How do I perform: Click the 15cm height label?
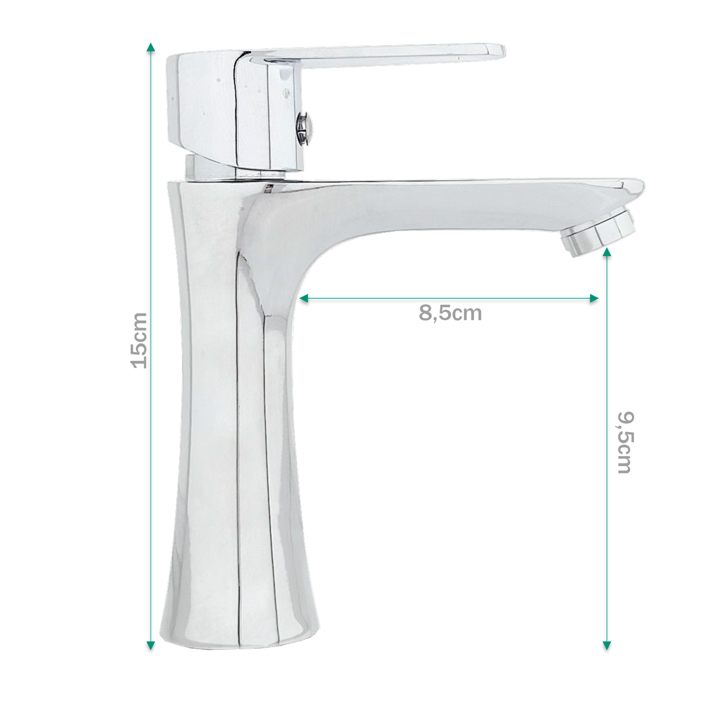click(139, 340)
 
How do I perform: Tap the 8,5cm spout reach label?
click(450, 313)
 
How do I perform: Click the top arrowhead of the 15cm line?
click(150, 47)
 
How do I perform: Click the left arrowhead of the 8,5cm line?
click(304, 298)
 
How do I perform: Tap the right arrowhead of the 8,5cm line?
click(594, 298)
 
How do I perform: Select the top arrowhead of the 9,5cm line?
click(607, 253)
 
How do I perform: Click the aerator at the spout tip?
click(598, 233)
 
